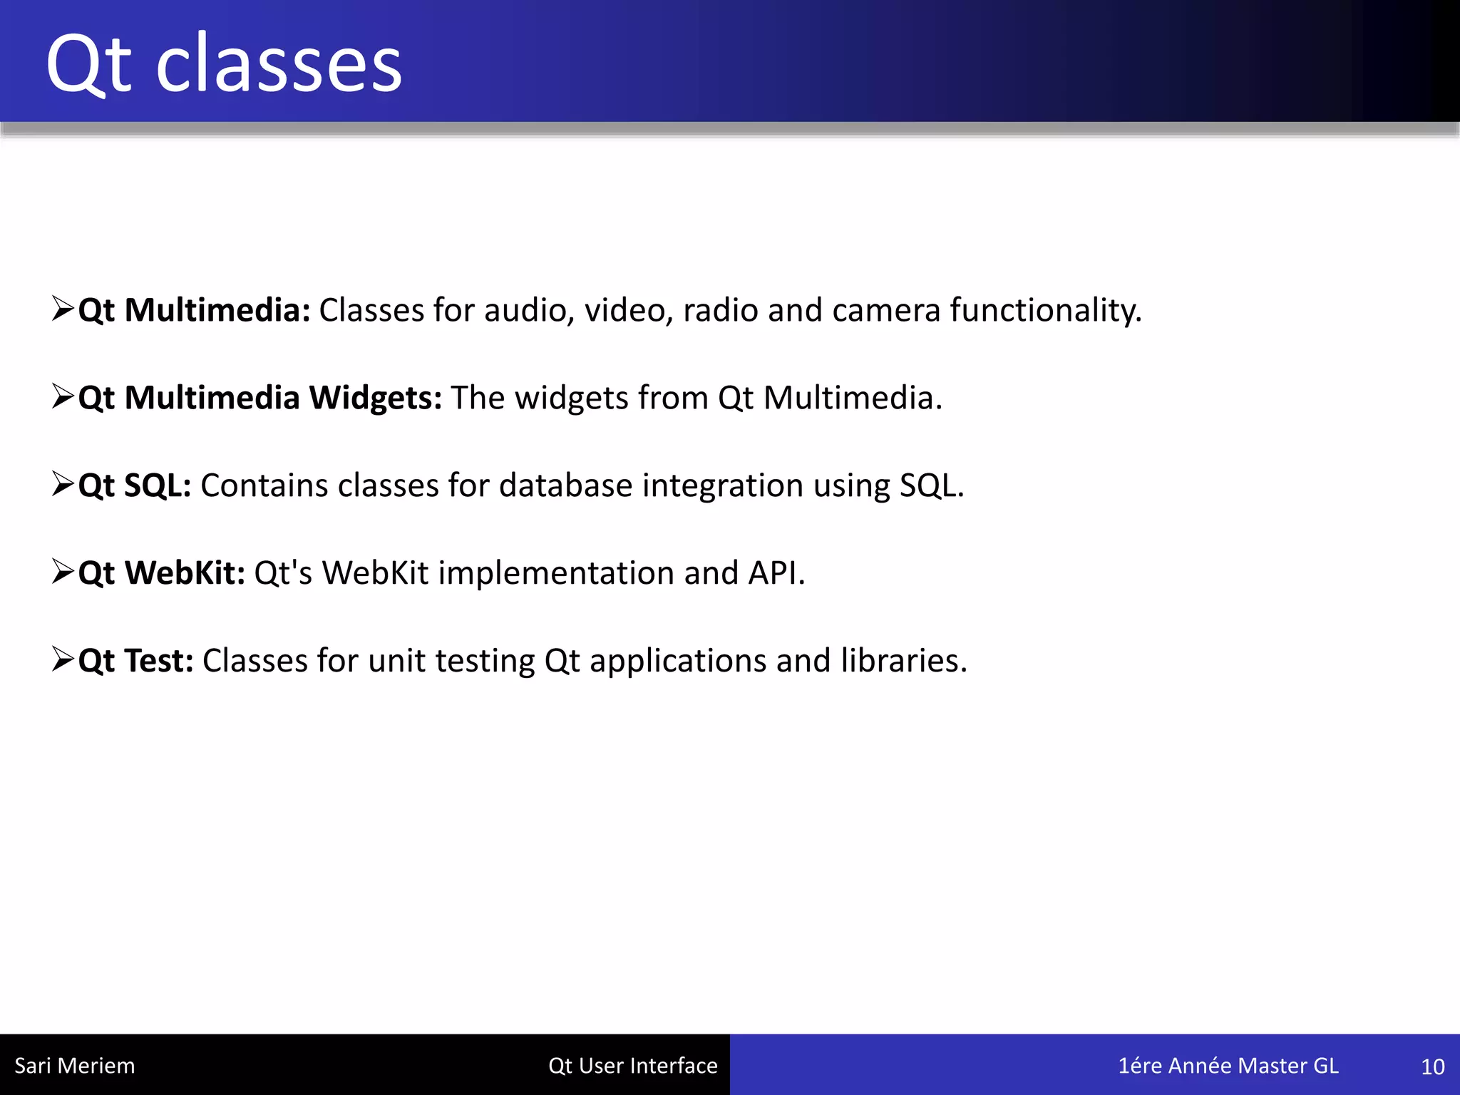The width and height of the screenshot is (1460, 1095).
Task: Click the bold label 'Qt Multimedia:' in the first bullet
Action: [x=194, y=311]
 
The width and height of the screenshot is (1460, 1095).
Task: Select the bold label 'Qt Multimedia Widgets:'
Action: [x=259, y=399]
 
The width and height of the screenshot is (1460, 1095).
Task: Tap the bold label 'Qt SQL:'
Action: [x=135, y=486]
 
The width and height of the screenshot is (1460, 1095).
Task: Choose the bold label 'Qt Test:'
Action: [x=135, y=662]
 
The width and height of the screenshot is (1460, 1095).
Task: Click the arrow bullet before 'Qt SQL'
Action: [x=63, y=484]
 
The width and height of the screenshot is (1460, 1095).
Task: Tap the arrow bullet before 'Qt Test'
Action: [x=63, y=659]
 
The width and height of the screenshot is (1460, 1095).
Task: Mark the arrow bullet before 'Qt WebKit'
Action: [x=63, y=572]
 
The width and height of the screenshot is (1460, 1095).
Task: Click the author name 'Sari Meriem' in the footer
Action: [x=75, y=1066]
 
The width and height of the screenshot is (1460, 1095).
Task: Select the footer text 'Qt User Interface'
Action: [x=633, y=1066]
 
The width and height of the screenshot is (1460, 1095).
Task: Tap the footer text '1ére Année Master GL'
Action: [x=1228, y=1066]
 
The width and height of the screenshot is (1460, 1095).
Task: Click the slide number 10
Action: [x=1433, y=1067]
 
